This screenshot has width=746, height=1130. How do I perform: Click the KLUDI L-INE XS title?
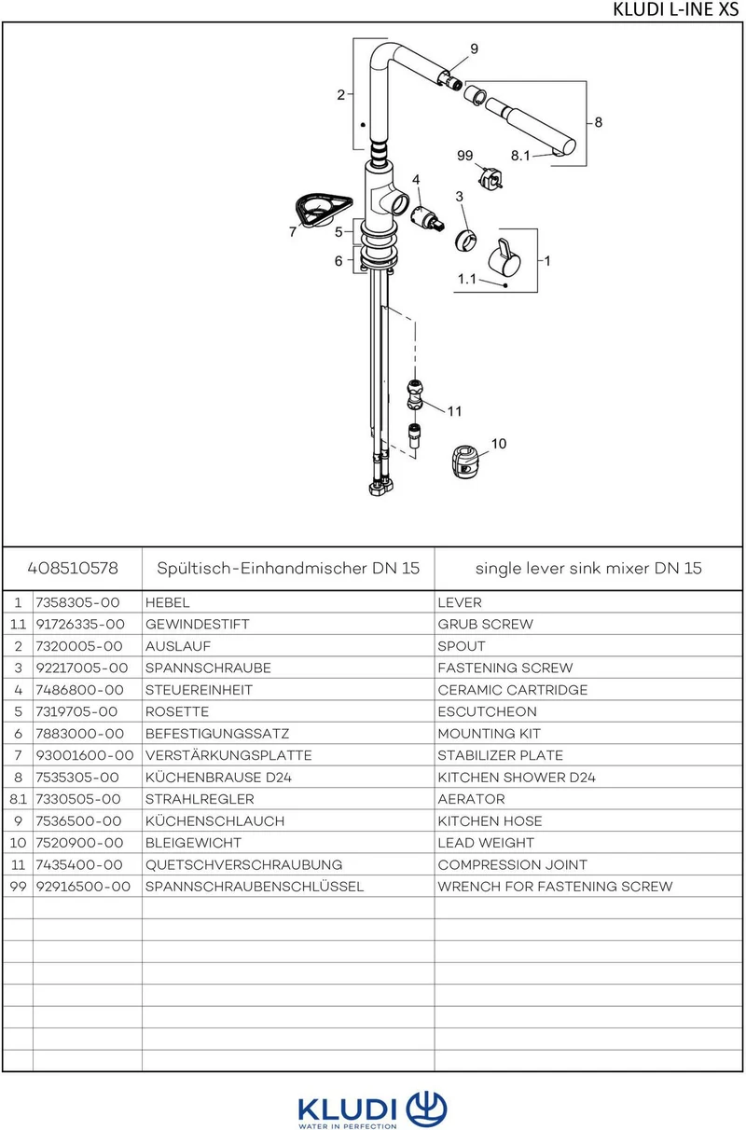click(x=675, y=9)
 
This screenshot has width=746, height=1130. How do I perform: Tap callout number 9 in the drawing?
click(x=474, y=48)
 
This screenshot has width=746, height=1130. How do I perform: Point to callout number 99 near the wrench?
click(x=464, y=156)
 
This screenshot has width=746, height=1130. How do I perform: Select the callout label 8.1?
click(x=520, y=156)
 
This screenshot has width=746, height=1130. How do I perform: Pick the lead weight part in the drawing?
click(x=465, y=462)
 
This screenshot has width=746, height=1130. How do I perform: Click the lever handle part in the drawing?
click(x=504, y=257)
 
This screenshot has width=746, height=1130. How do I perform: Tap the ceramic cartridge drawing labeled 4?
click(x=427, y=218)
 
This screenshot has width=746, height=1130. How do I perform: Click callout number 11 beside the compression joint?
click(x=454, y=411)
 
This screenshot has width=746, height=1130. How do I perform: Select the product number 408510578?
click(x=73, y=568)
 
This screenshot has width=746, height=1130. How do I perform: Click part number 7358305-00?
click(x=77, y=602)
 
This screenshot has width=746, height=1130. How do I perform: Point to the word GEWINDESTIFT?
click(x=197, y=624)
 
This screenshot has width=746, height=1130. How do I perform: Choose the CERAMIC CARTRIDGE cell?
click(x=513, y=690)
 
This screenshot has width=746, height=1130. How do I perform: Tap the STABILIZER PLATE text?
click(x=501, y=755)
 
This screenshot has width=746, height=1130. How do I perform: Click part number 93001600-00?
click(x=85, y=755)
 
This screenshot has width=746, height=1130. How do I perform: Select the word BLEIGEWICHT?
click(x=193, y=843)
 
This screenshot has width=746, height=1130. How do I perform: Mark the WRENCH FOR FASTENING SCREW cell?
click(x=556, y=887)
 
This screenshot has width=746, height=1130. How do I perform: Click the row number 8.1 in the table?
click(x=18, y=799)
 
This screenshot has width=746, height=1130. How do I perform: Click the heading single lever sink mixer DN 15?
click(x=588, y=568)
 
